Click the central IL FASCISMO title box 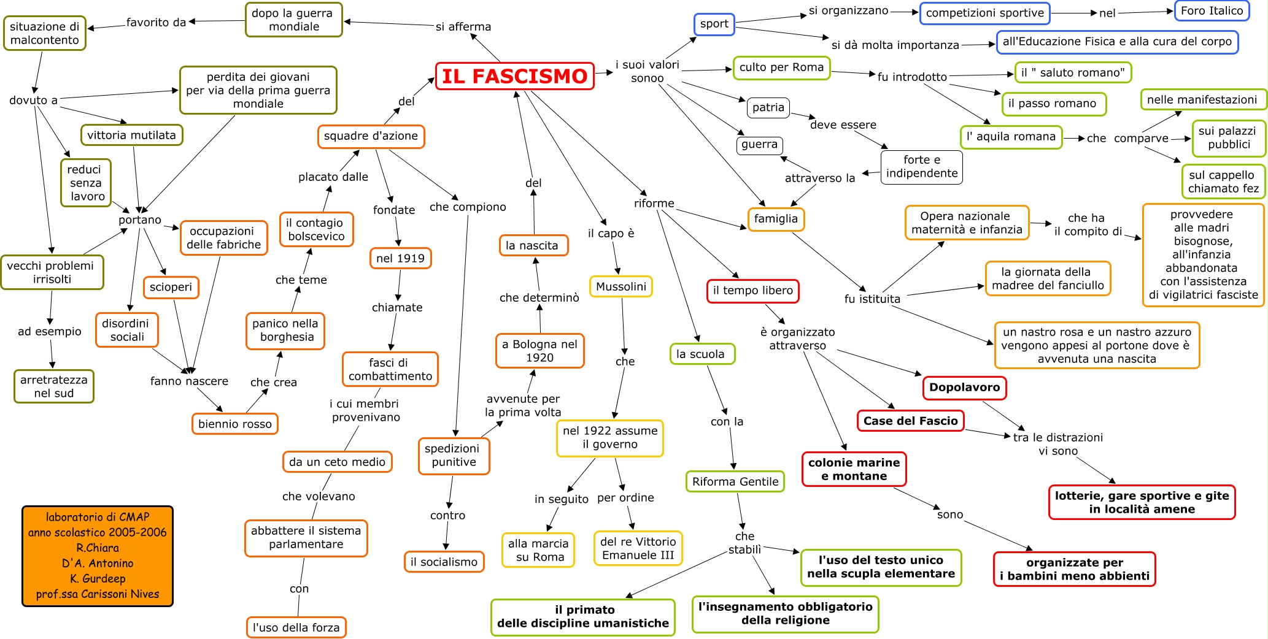(x=514, y=76)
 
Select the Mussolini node (x=620, y=286)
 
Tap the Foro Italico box (x=1212, y=11)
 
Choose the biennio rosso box (x=234, y=424)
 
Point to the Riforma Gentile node (x=735, y=481)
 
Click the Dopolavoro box (x=964, y=388)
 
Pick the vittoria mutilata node (x=131, y=135)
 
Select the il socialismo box (x=444, y=562)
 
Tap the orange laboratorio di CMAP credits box (x=98, y=556)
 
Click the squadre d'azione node (x=371, y=136)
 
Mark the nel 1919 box (x=400, y=258)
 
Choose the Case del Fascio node (x=910, y=421)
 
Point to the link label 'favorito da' (x=156, y=23)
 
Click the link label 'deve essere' (x=843, y=125)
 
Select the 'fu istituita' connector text (x=872, y=299)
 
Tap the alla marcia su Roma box (x=538, y=550)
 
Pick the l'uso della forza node (x=296, y=627)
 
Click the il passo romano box (x=1054, y=104)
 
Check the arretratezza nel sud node (x=54, y=386)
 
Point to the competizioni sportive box (x=984, y=13)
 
